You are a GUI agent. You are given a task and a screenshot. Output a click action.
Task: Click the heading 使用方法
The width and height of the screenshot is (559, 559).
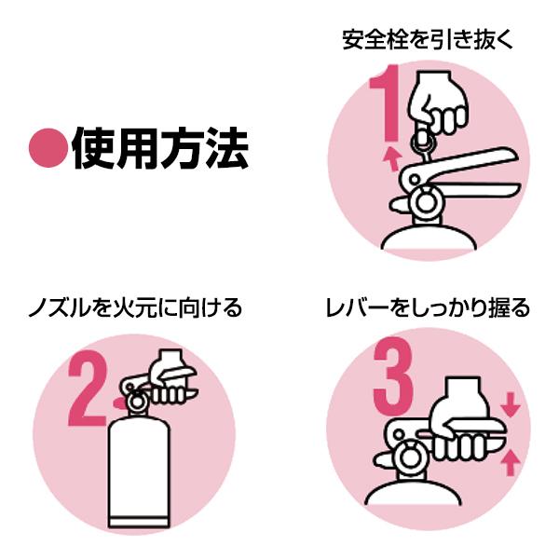(x=158, y=146)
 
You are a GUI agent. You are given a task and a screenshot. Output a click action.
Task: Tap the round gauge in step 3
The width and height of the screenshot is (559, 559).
(x=407, y=457)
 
